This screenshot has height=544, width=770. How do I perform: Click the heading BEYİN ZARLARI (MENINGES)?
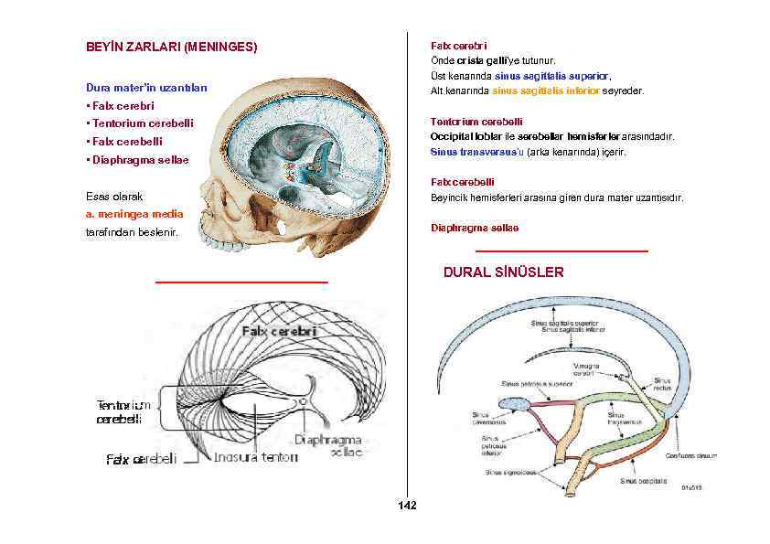pyautogui.click(x=171, y=46)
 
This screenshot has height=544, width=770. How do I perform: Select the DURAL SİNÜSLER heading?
pyautogui.click(x=503, y=272)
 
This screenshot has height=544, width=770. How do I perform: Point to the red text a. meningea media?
pyautogui.click(x=134, y=214)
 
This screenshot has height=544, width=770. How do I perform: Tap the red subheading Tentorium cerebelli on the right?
pyautogui.click(x=476, y=122)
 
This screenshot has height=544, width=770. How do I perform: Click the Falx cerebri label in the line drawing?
pyautogui.click(x=279, y=331)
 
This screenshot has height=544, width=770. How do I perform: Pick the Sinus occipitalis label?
pyautogui.click(x=643, y=480)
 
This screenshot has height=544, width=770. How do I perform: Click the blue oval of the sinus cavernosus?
pyautogui.click(x=514, y=403)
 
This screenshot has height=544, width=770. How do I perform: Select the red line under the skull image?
pyautogui.click(x=241, y=283)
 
